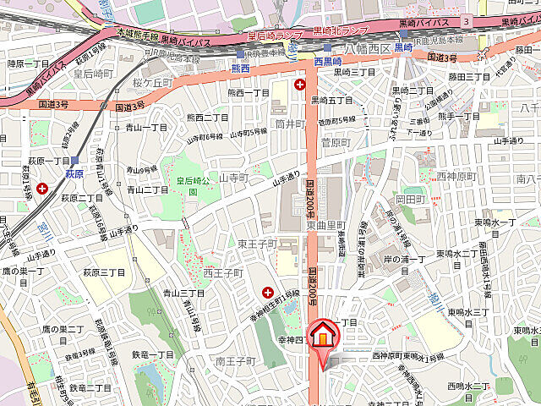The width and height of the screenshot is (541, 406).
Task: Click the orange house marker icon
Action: pyautogui.click(x=322, y=337)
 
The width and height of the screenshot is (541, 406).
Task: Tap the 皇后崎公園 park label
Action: pyautogui.click(x=192, y=185)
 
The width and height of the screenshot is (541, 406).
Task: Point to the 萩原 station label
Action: pyautogui.click(x=74, y=173)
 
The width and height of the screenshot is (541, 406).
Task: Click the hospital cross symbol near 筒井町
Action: pyautogui.click(x=299, y=85)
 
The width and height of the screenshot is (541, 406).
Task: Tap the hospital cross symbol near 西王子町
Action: pyautogui.click(x=268, y=292)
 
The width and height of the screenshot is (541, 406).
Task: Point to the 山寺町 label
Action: pyautogui.click(x=232, y=178)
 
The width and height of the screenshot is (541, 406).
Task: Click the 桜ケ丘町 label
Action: pyautogui.click(x=152, y=83)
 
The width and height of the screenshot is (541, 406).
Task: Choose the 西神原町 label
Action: pyautogui.click(x=456, y=176)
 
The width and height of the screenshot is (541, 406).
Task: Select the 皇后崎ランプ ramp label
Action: pyautogui.click(x=275, y=36)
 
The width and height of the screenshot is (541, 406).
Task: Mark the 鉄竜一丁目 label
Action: pyautogui.click(x=153, y=354)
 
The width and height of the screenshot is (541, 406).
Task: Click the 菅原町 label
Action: pyautogui.click(x=336, y=143)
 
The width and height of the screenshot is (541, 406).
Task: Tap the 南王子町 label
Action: pyautogui.click(x=236, y=361)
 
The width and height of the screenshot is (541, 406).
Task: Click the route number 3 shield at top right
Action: pyautogui.click(x=466, y=20)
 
